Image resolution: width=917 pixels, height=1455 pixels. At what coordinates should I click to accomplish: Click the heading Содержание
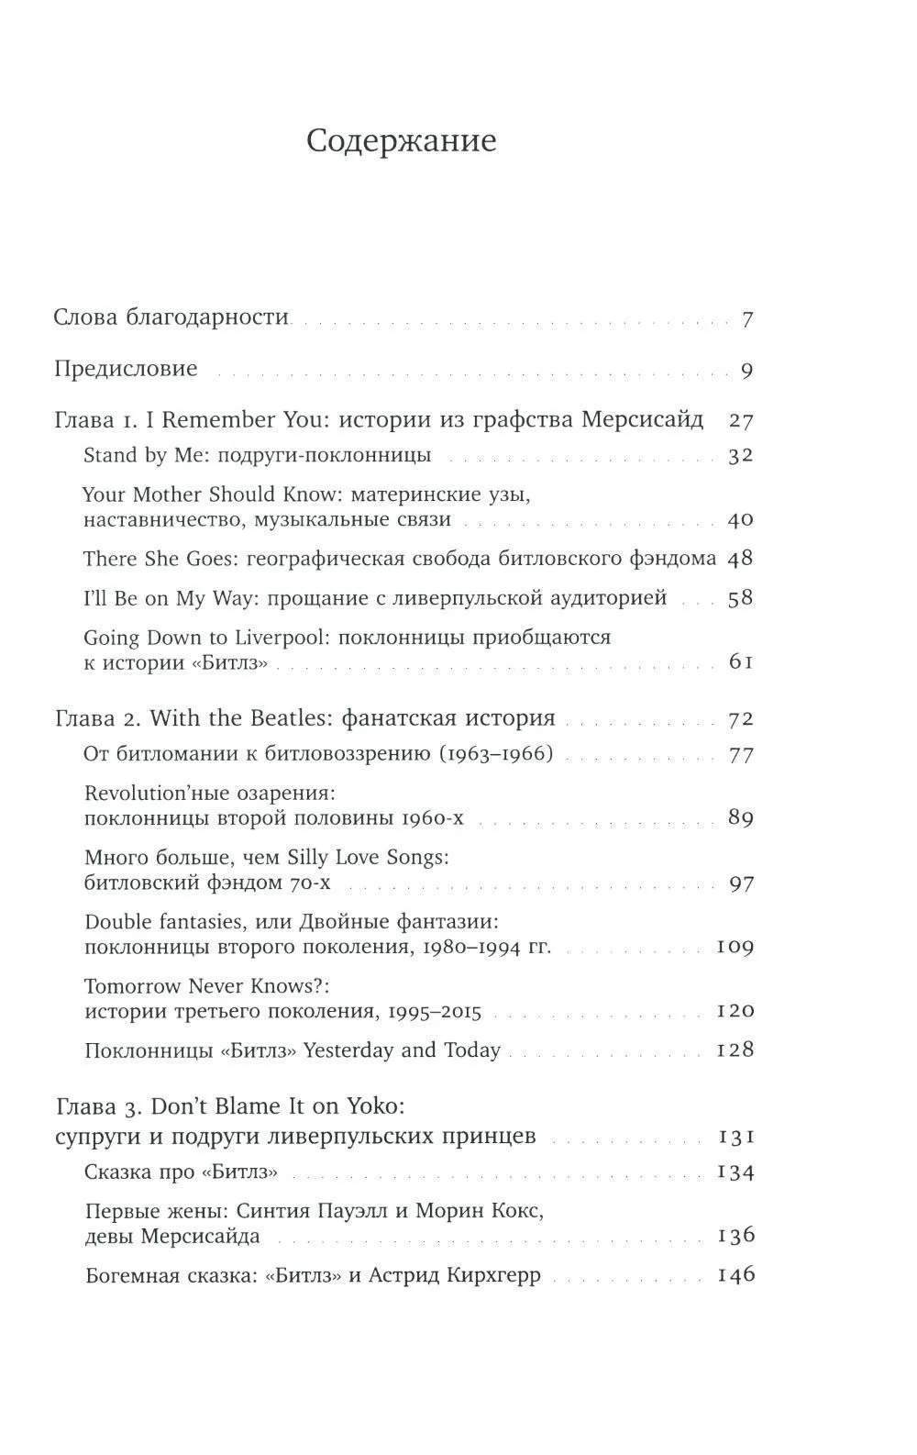(401, 141)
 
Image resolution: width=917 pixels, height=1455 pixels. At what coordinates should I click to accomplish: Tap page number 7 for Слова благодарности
(746, 319)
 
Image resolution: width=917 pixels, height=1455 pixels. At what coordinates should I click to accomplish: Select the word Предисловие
(126, 369)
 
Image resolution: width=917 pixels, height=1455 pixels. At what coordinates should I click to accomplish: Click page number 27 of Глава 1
(740, 420)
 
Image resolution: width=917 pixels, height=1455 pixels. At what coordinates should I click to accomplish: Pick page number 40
(739, 519)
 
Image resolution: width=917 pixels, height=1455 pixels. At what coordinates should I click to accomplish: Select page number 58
(739, 598)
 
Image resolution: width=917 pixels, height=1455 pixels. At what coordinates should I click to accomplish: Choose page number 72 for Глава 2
(739, 718)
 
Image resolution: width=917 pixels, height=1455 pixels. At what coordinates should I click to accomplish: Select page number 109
(735, 946)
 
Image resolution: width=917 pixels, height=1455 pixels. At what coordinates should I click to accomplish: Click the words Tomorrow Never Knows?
(206, 986)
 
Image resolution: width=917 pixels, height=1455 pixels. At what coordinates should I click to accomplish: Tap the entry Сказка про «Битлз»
(181, 1172)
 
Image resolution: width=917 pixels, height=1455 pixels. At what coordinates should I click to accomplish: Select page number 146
(735, 1274)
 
